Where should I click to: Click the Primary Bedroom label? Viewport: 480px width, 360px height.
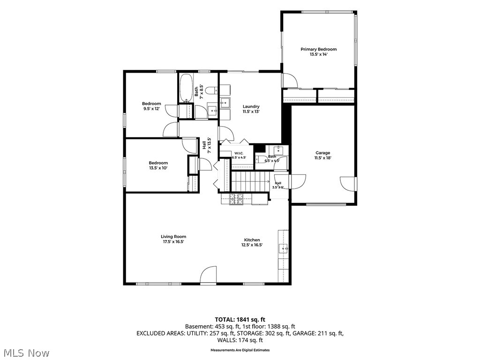(x=318, y=49)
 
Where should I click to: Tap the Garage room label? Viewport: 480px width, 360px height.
(x=322, y=153)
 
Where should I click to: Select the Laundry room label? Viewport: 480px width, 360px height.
(x=251, y=106)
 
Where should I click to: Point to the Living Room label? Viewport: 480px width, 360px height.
(x=173, y=236)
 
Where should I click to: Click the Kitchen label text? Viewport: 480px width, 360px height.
(x=252, y=240)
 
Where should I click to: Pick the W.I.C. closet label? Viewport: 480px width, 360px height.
(x=239, y=153)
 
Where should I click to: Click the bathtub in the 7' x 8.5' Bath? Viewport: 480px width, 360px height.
(x=186, y=88)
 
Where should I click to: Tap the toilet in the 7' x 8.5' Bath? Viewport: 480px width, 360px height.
(x=211, y=90)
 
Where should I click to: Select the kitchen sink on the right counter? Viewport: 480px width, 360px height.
(x=283, y=248)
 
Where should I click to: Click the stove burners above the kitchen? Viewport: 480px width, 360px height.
(x=236, y=200)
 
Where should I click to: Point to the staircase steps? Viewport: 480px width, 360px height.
(x=250, y=182)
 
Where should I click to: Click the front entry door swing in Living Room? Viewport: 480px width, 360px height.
(x=209, y=274)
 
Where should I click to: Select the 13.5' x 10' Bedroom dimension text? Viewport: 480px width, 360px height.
(x=158, y=168)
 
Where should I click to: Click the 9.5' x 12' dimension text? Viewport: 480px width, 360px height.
(x=151, y=108)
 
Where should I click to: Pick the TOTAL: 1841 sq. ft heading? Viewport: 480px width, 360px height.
(x=240, y=320)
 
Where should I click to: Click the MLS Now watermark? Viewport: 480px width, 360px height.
(x=25, y=353)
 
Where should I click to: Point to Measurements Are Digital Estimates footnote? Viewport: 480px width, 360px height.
(x=240, y=350)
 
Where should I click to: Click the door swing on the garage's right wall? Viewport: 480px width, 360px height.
(x=347, y=184)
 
